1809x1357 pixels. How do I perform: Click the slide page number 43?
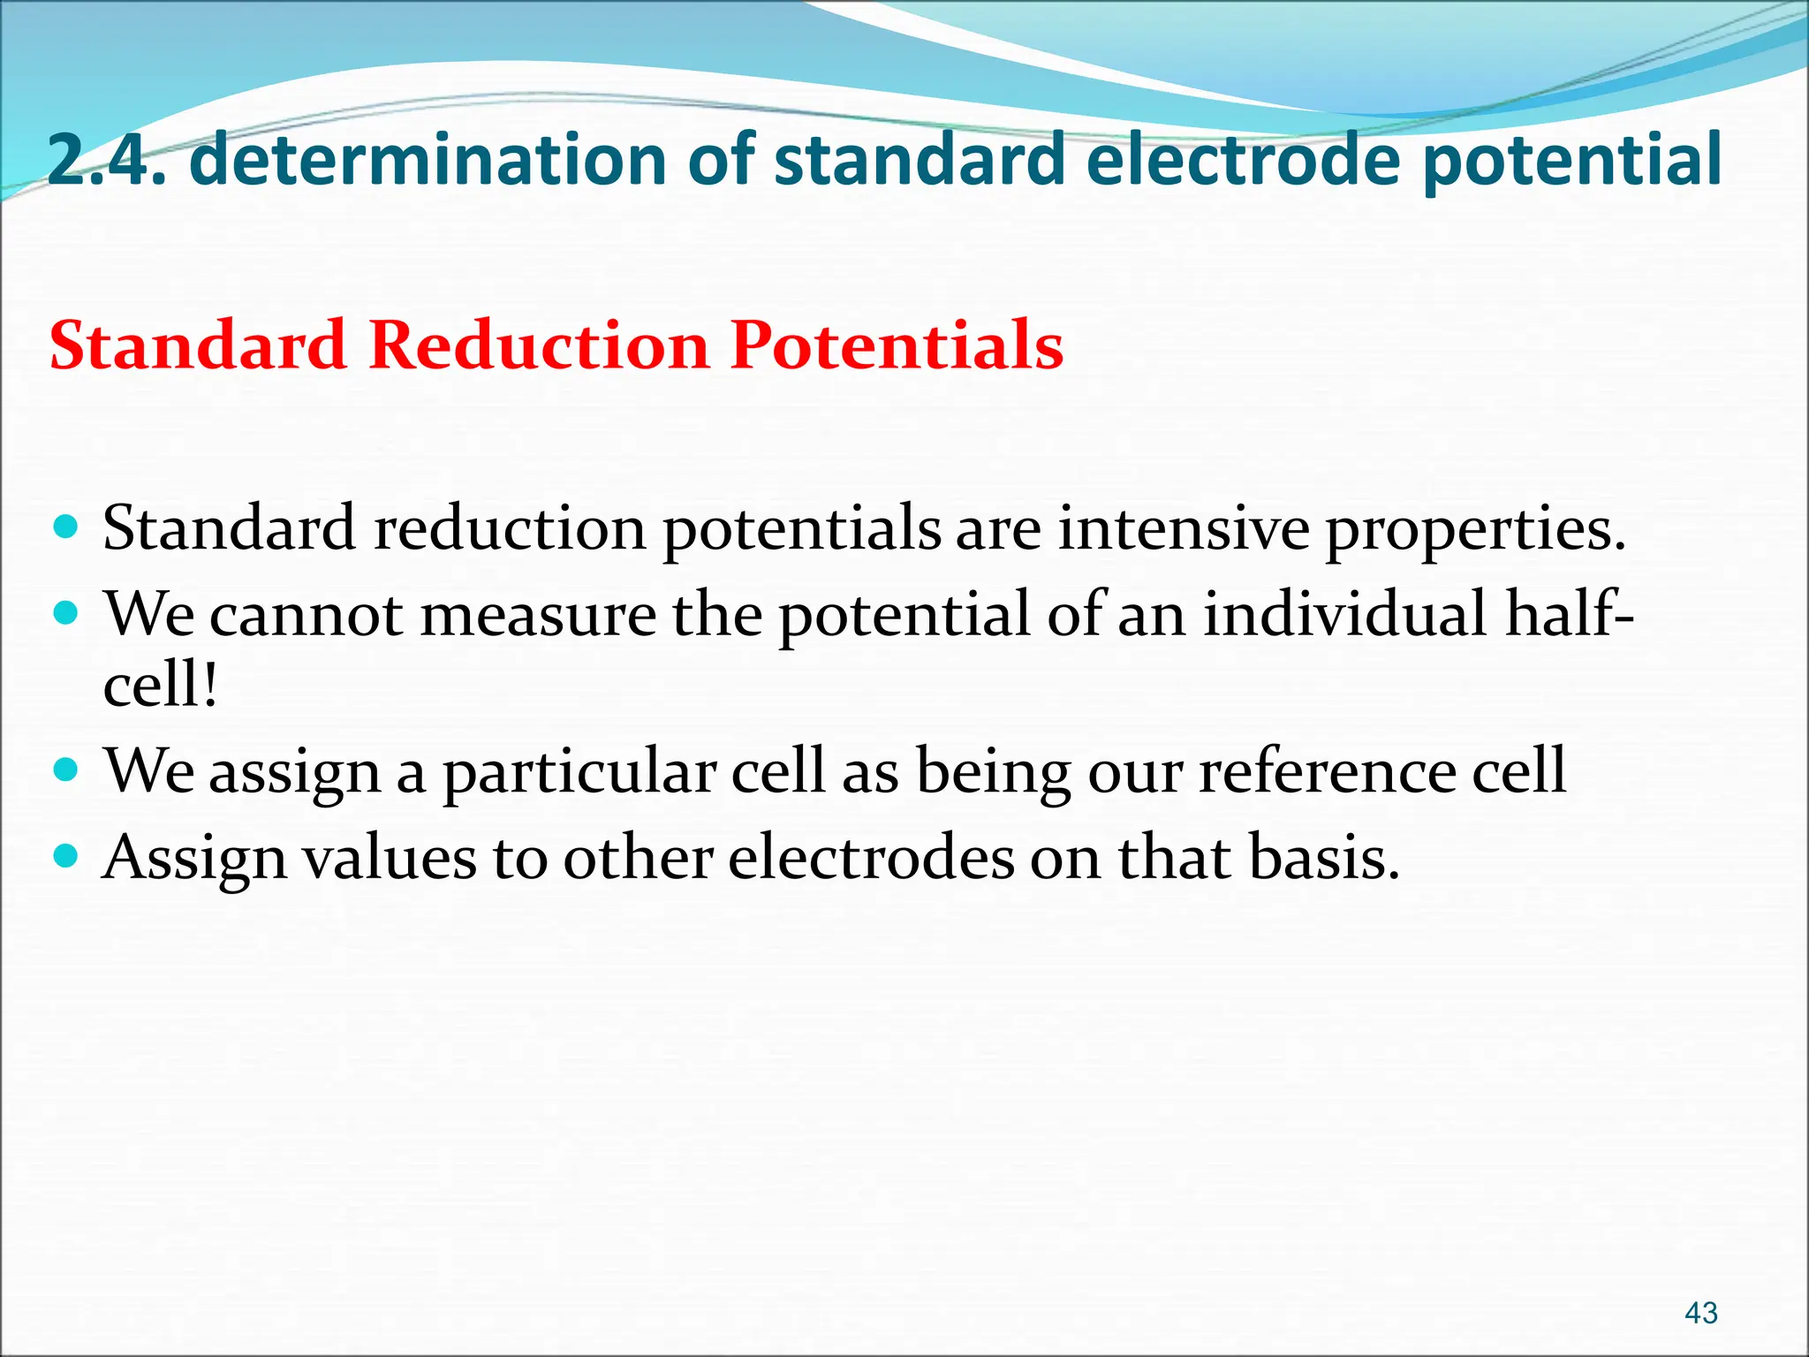[x=1700, y=1312]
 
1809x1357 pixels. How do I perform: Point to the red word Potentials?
[x=897, y=345]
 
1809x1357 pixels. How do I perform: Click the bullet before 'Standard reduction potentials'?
[x=66, y=528]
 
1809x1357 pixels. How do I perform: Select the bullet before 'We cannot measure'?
[x=66, y=612]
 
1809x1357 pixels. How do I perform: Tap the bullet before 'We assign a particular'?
[x=66, y=769]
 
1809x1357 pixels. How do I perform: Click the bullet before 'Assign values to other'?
[x=66, y=855]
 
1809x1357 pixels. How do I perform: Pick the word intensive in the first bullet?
[x=1184, y=528]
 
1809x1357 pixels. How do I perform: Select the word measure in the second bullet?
[x=538, y=614]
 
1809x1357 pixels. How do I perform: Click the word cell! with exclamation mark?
[x=160, y=685]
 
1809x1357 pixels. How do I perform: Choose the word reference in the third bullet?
[x=1325, y=771]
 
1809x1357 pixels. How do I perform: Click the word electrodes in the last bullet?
[x=871, y=857]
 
